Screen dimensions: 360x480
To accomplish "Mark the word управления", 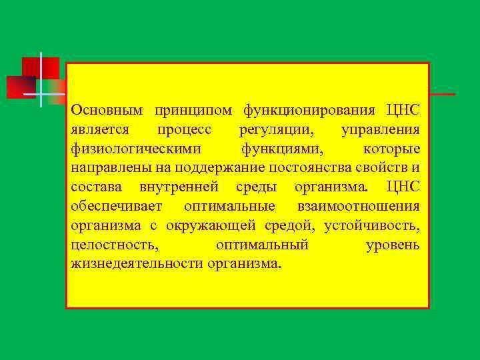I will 380,129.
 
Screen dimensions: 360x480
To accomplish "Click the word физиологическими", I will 127,148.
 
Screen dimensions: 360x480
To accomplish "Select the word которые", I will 392,148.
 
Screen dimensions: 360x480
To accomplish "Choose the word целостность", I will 114,245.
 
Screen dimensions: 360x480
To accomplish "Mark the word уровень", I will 393,245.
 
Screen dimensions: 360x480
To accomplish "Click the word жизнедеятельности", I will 137,264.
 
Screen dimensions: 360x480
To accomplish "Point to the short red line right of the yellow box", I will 443,95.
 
